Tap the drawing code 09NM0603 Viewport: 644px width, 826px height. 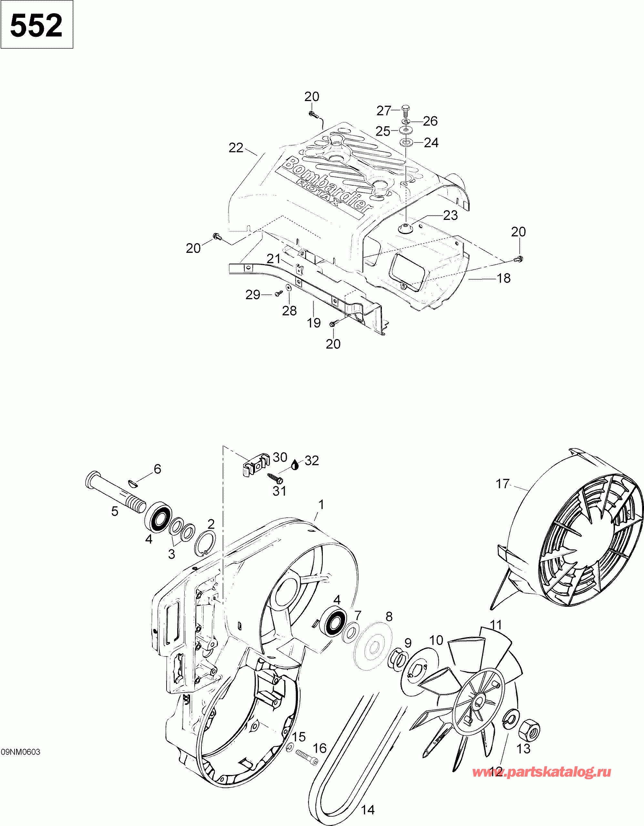(x=20, y=752)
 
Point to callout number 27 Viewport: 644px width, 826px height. (x=383, y=110)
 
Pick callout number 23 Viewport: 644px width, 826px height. (x=450, y=215)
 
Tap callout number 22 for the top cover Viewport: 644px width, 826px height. (x=236, y=148)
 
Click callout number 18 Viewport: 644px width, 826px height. (x=503, y=278)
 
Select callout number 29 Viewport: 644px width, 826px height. (x=253, y=294)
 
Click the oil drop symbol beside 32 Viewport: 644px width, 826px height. (x=296, y=465)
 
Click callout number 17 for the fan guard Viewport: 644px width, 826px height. (x=503, y=483)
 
